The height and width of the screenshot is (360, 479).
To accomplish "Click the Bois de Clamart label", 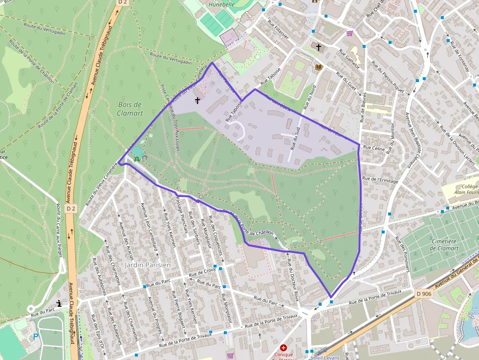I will pyautogui.click(x=130, y=108).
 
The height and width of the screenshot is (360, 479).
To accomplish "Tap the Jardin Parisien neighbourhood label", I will pyautogui.click(x=148, y=265).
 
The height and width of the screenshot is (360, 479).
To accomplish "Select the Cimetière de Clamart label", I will pyautogui.click(x=444, y=245).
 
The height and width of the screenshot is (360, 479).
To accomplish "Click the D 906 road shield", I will pyautogui.click(x=424, y=294).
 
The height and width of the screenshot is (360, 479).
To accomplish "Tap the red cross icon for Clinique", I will pyautogui.click(x=283, y=347).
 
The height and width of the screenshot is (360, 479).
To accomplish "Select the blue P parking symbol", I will pyautogui.click(x=35, y=337).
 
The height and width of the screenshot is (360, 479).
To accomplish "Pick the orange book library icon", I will pyautogui.click(x=319, y=67).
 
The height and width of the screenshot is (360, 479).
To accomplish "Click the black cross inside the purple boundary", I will pyautogui.click(x=197, y=101).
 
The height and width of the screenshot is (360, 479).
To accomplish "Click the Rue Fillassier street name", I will pyautogui.click(x=279, y=29).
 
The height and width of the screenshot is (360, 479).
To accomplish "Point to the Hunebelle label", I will pyautogui.click(x=222, y=4).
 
